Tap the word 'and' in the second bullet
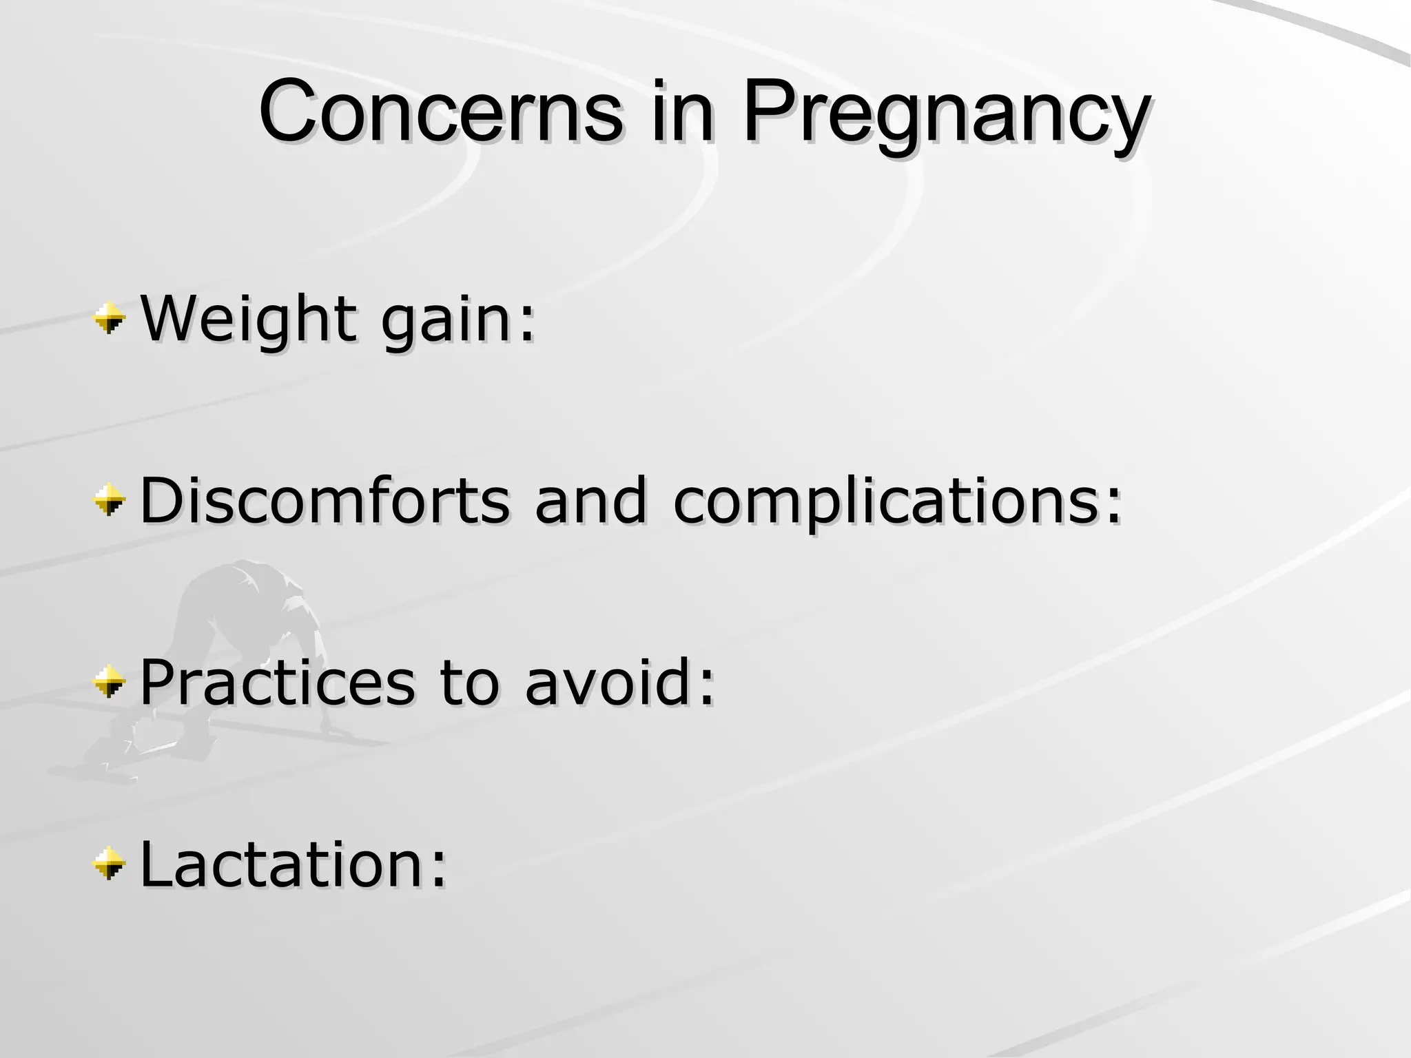point(591,500)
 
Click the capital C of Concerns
point(287,112)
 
